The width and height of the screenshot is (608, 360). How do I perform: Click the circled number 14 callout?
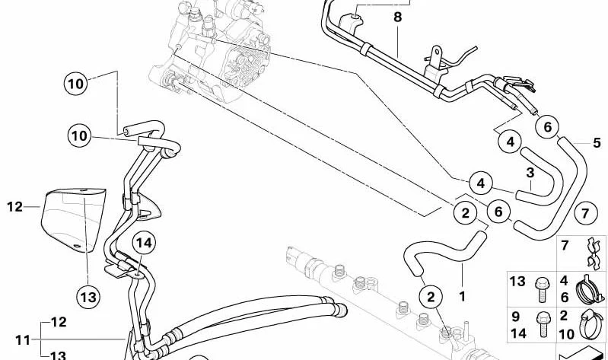click(x=145, y=244)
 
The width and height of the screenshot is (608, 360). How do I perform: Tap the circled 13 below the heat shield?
click(x=88, y=297)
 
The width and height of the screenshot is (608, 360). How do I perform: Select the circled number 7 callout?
click(x=584, y=213)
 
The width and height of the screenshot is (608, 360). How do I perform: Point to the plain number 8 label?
click(x=397, y=18)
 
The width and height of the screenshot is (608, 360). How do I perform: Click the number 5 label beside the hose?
click(x=597, y=143)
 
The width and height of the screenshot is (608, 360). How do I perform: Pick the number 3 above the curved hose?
click(x=530, y=173)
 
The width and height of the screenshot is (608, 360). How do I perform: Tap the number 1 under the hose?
click(x=462, y=297)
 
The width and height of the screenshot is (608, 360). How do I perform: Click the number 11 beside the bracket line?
click(x=23, y=340)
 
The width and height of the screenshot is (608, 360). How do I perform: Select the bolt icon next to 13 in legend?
click(x=542, y=289)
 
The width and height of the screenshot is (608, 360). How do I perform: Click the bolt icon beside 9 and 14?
click(x=542, y=325)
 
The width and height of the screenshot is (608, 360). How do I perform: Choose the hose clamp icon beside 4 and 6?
click(x=590, y=289)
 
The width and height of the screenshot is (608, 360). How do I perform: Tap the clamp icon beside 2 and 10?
click(x=591, y=324)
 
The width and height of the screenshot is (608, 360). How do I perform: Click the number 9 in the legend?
click(x=515, y=316)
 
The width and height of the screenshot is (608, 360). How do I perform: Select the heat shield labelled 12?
click(x=73, y=219)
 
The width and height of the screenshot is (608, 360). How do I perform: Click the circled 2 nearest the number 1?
click(x=431, y=297)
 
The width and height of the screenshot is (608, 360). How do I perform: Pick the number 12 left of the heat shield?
click(x=14, y=207)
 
